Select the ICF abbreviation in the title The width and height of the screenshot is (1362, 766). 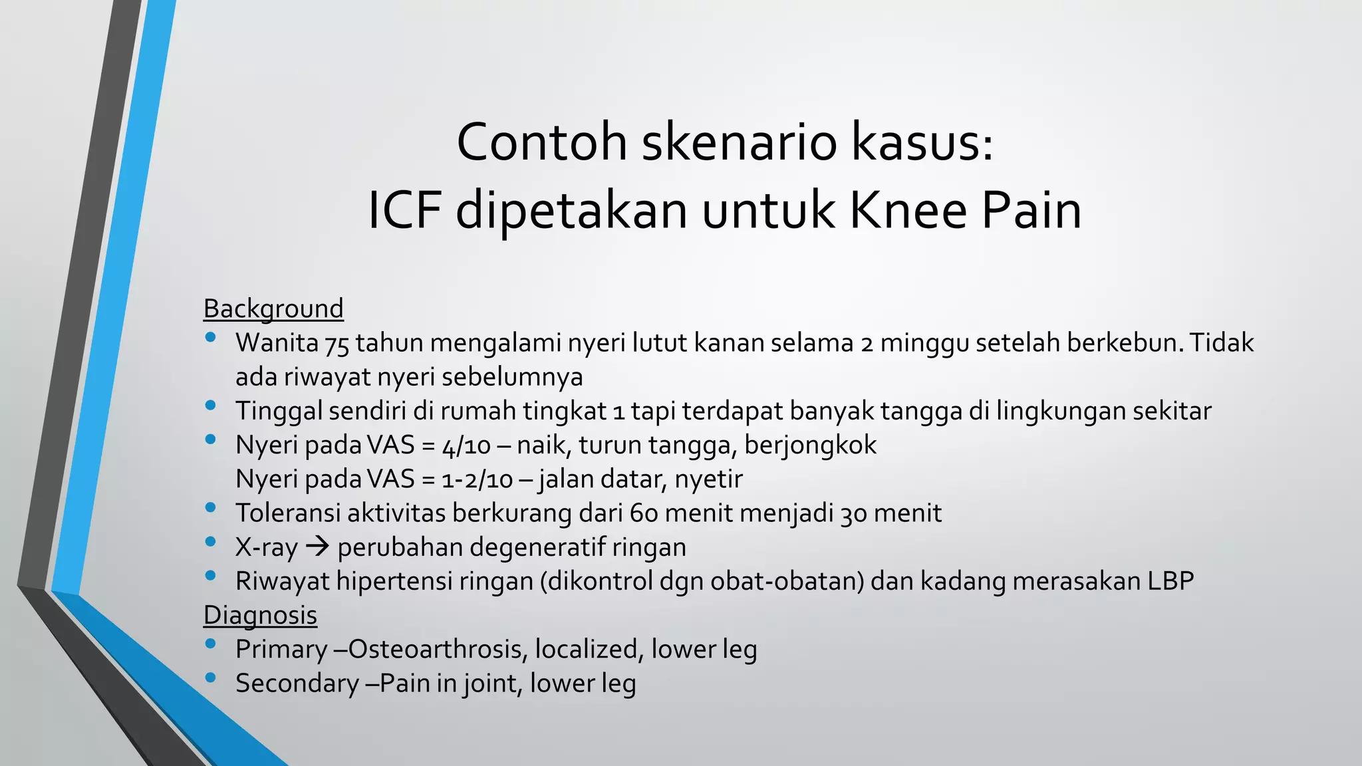[404, 210]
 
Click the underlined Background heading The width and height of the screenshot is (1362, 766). [273, 309]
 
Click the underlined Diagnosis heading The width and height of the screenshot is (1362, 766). [260, 615]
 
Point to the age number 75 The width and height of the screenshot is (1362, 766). [337, 344]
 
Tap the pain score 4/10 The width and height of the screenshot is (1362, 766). [466, 445]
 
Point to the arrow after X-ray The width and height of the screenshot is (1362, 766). [318, 547]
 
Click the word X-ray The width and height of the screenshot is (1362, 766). [267, 547]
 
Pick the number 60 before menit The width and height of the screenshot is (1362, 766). [643, 513]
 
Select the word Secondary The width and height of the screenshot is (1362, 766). [297, 683]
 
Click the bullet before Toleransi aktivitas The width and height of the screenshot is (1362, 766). [211, 507]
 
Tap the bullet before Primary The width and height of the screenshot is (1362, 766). [211, 644]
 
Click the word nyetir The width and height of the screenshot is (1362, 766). [708, 479]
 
